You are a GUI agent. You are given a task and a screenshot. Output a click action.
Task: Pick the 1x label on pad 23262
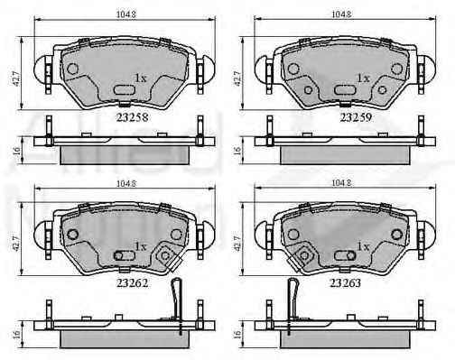(140, 245)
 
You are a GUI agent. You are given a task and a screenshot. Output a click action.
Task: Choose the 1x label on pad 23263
(364, 245)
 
